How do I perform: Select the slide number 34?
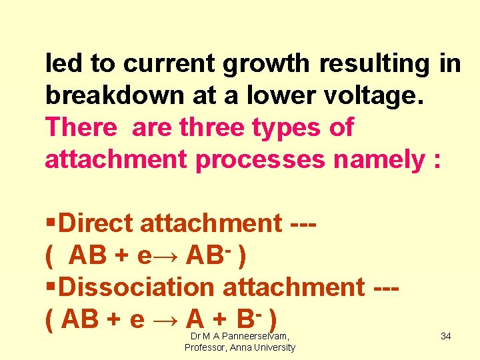click(445, 336)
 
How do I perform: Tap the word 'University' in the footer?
click(273, 348)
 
